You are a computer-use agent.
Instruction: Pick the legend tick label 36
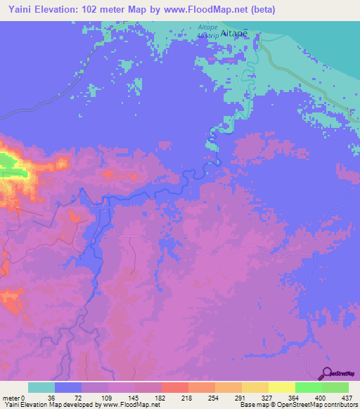point(50,398)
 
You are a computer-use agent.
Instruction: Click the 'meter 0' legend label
point(13,398)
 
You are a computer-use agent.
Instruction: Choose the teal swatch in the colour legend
point(41,387)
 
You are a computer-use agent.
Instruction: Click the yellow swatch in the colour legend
point(281,387)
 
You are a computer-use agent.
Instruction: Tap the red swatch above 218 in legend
point(174,387)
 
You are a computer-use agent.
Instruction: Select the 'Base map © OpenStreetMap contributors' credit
point(297,405)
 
